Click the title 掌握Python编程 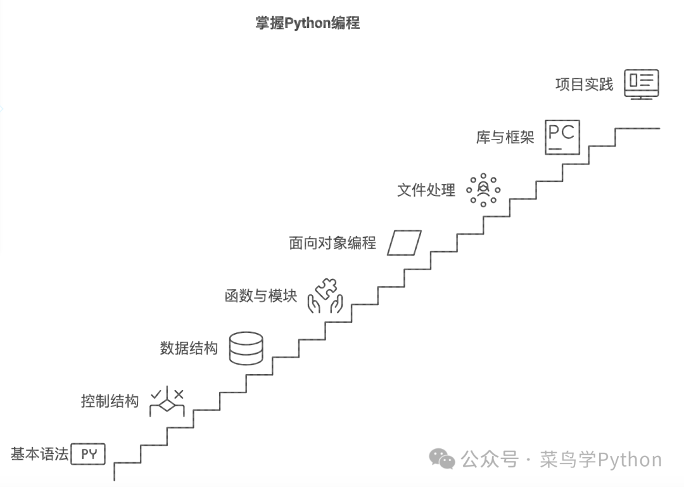307,23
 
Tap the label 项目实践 584,84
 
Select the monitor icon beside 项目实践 642,83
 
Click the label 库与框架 505,137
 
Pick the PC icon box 562,136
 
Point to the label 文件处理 426,190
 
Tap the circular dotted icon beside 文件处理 483,190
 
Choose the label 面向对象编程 332,243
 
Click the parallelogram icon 404,243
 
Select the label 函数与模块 261,295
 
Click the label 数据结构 189,348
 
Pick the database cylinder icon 246,348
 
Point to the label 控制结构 110,401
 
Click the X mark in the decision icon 179,394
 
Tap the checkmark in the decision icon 156,394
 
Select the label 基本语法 39,454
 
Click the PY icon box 88,454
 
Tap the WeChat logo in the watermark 442,458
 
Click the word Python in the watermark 630,459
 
